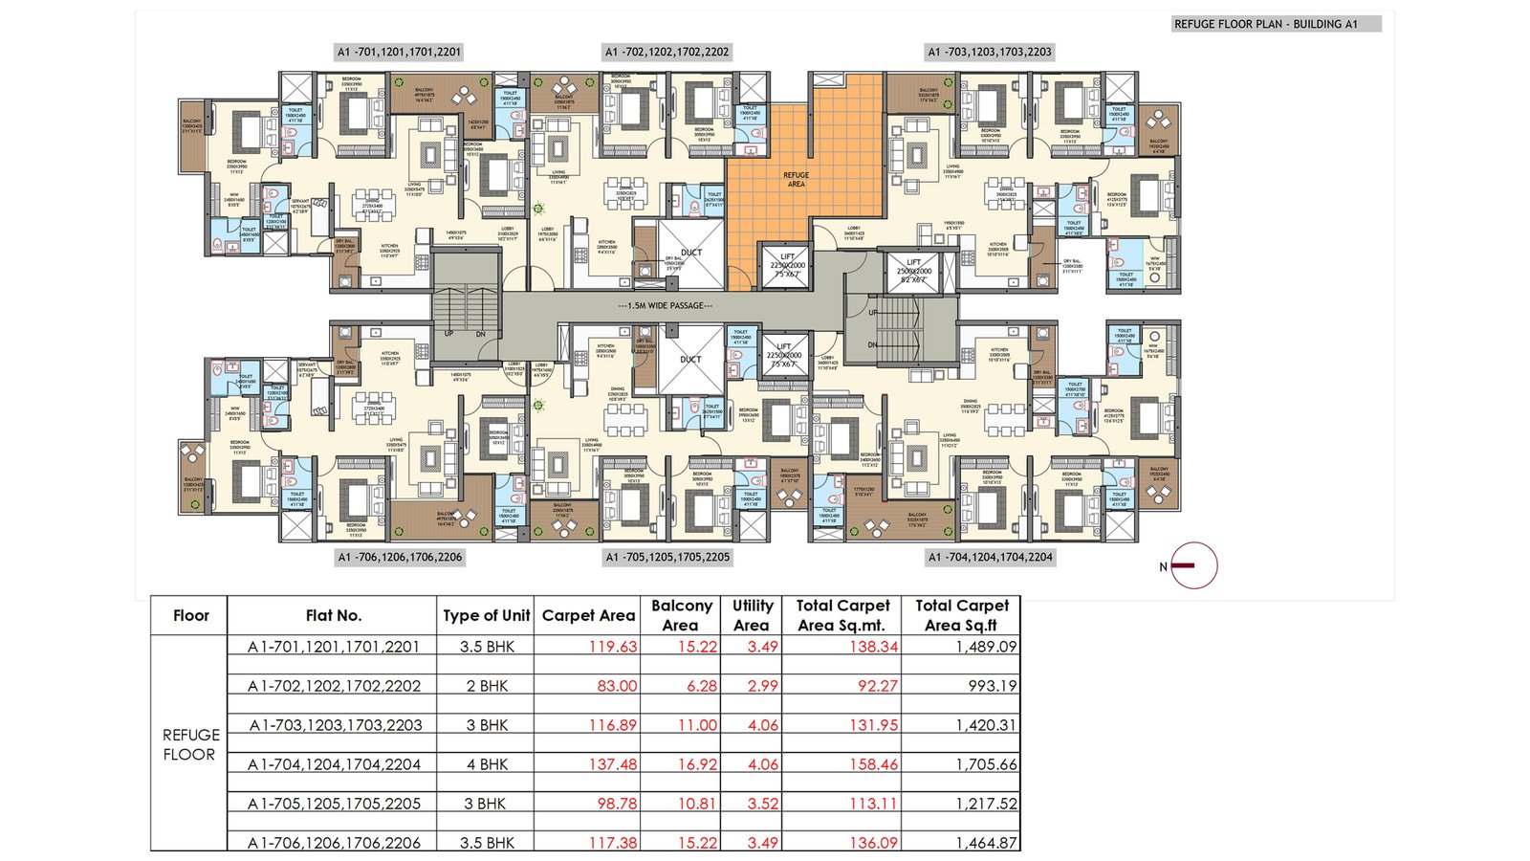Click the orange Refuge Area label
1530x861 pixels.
pyautogui.click(x=796, y=179)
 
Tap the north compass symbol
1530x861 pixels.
pyautogui.click(x=1192, y=565)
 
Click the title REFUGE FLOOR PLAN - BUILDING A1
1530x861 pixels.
pyautogui.click(x=1265, y=24)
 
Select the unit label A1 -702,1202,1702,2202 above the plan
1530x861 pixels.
pyautogui.click(x=667, y=52)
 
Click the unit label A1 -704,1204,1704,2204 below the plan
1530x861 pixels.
pyautogui.click(x=990, y=557)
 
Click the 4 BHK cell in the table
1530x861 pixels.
pyautogui.click(x=487, y=764)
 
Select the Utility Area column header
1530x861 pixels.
pyautogui.click(x=752, y=615)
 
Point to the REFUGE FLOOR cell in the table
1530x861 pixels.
pyautogui.click(x=190, y=744)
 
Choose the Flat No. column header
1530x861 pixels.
pyautogui.click(x=333, y=615)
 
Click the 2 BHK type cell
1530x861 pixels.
pyautogui.click(x=487, y=686)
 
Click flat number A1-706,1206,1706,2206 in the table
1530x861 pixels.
pyautogui.click(x=334, y=843)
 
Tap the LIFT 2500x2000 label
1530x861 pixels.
pyautogui.click(x=913, y=271)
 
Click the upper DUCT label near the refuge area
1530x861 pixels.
pyautogui.click(x=690, y=254)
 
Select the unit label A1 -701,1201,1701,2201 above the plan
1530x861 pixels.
pyautogui.click(x=399, y=52)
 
